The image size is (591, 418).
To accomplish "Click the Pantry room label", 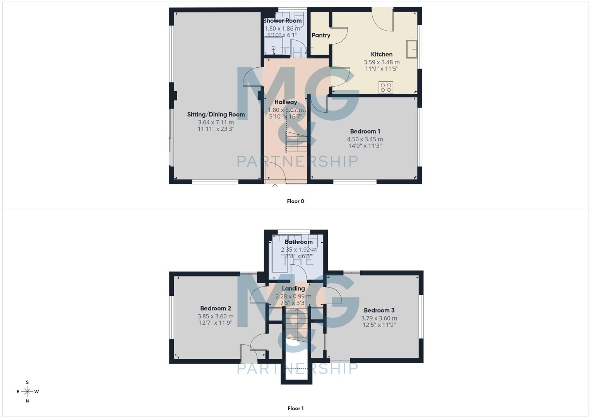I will (x=321, y=35).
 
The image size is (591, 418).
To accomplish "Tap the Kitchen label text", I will (x=382, y=55).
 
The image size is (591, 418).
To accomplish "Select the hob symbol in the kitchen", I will (x=386, y=87).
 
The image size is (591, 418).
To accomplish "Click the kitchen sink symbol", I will (x=412, y=49).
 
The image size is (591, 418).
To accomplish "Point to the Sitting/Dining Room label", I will (x=216, y=115).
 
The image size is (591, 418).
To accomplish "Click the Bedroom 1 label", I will (x=365, y=132).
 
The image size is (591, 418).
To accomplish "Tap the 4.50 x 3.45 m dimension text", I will (x=365, y=139).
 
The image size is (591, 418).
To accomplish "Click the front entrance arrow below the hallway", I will (x=275, y=187).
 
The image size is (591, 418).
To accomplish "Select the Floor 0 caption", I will (x=295, y=201).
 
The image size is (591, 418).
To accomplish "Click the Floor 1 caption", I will (x=295, y=408).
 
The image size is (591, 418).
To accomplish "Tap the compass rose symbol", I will (x=27, y=392).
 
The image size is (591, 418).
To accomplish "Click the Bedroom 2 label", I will (x=216, y=308).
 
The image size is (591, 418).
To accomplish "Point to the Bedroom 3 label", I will (x=379, y=310).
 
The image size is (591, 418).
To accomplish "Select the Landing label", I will (x=293, y=289).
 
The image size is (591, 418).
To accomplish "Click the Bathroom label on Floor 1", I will (x=298, y=242).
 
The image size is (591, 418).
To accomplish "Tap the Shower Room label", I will (x=282, y=21).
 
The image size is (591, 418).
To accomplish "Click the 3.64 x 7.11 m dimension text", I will (x=216, y=122).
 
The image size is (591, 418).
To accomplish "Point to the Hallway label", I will (x=286, y=102).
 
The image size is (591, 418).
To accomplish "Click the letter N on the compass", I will (x=27, y=401).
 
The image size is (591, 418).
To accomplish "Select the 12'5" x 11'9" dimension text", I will (x=379, y=325).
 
